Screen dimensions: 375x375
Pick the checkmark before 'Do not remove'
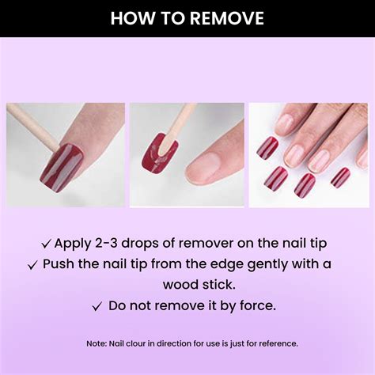97,305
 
